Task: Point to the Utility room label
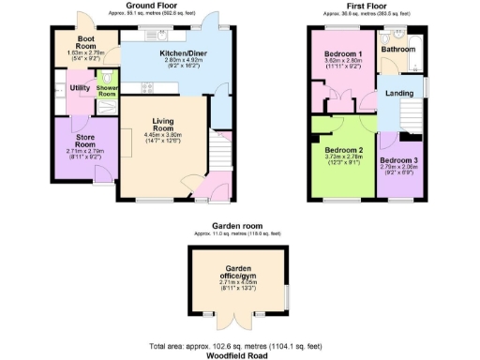[x=80, y=88]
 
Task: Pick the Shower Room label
[x=108, y=91]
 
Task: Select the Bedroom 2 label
[x=343, y=150]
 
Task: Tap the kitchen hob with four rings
[x=146, y=88]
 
